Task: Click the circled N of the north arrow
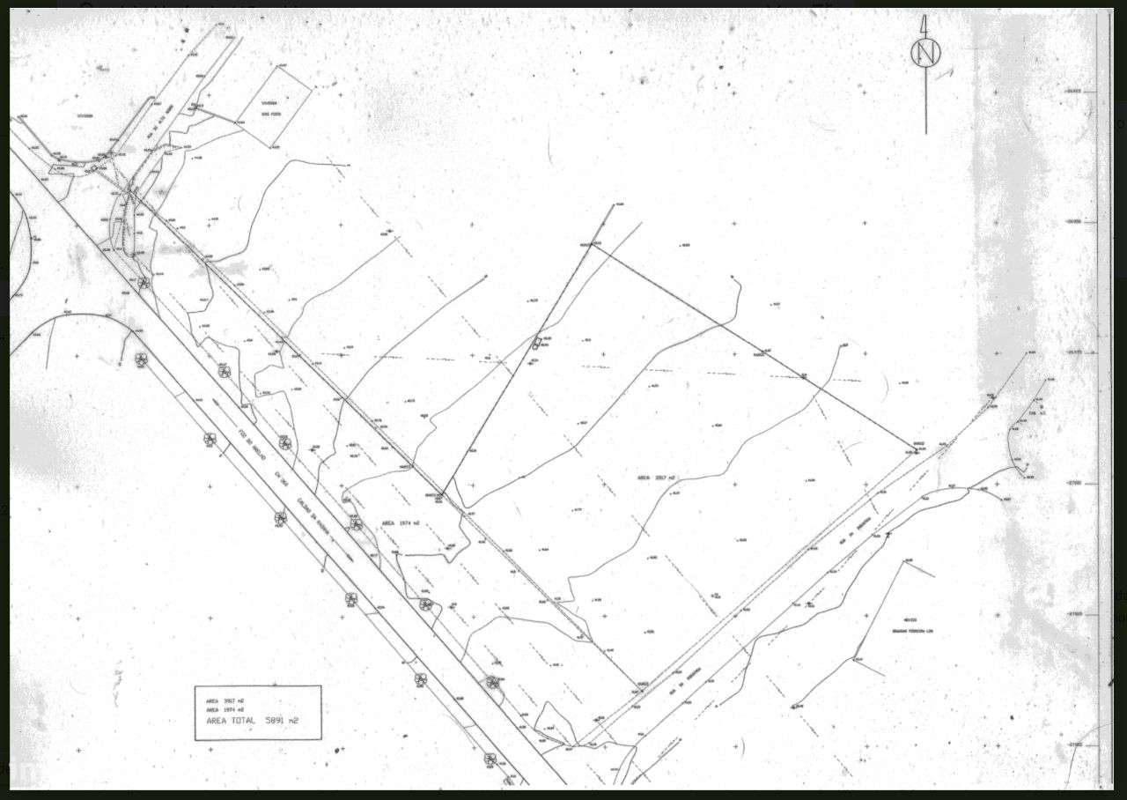pos(925,54)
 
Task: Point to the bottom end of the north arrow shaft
pos(926,133)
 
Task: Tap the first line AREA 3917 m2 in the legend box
pos(225,700)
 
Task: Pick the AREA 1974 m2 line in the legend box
pos(225,709)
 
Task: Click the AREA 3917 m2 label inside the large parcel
pos(656,478)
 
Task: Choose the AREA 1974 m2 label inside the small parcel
pos(399,522)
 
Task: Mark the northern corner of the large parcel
pos(591,245)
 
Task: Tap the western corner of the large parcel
pos(441,497)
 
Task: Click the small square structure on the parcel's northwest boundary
pos(537,341)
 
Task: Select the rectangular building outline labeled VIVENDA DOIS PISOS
pos(274,105)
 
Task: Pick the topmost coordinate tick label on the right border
pos(1075,91)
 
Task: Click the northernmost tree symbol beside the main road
pos(144,282)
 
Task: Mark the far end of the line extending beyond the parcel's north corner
pos(613,205)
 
